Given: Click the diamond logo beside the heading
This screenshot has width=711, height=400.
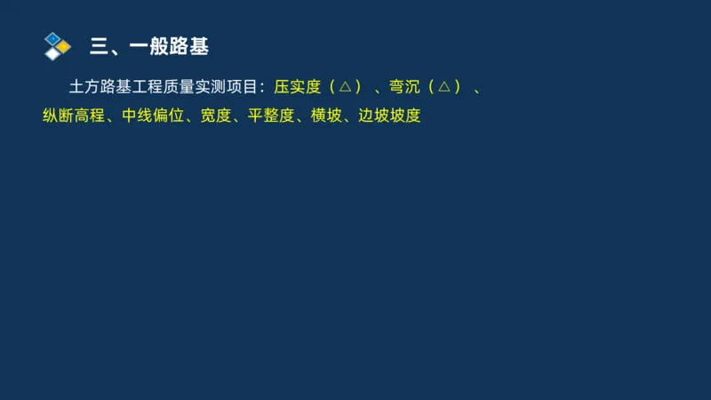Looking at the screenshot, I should (x=57, y=45).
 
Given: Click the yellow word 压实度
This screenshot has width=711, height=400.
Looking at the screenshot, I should (x=297, y=87).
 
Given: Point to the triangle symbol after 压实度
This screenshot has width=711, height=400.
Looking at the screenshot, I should (x=344, y=87).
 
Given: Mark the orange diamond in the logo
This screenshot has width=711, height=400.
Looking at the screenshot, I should (x=64, y=45).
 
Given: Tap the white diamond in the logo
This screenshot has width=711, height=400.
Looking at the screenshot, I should (x=53, y=52).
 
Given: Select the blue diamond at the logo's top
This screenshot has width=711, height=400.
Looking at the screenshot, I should (x=52, y=38).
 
